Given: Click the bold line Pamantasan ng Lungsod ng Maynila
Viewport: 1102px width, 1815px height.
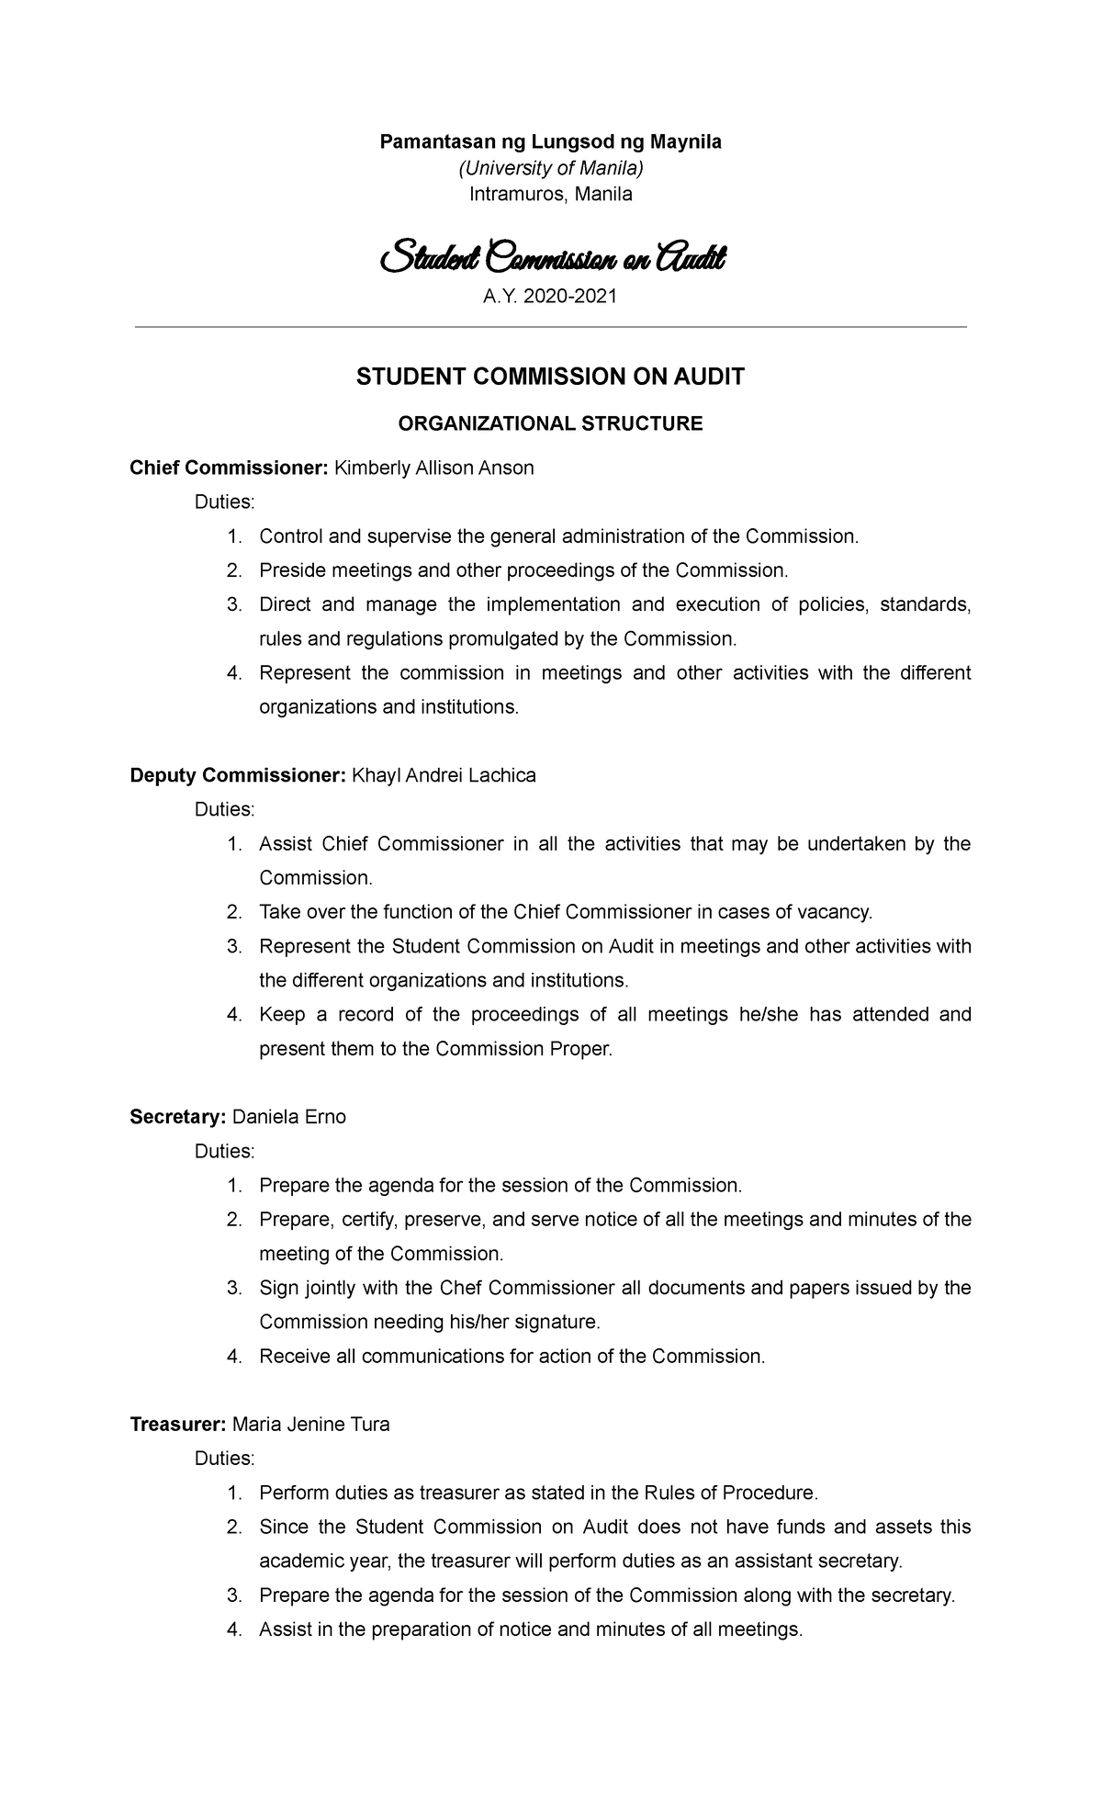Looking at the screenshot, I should [x=551, y=142].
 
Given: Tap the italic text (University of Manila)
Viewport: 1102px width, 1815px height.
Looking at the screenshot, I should [x=551, y=168].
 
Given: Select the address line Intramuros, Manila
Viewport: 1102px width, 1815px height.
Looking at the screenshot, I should [x=551, y=195].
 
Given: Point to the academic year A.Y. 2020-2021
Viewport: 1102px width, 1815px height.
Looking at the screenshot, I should [x=551, y=297].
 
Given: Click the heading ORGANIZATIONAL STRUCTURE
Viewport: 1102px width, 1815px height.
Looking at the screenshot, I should [x=550, y=423].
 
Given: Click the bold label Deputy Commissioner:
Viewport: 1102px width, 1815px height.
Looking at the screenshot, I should [x=237, y=775].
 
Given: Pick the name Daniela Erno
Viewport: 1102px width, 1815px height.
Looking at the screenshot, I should [x=289, y=1118].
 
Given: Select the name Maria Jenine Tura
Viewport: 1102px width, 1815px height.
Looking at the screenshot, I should [x=311, y=1425].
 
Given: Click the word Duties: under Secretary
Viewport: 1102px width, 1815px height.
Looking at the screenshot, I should [x=224, y=1152].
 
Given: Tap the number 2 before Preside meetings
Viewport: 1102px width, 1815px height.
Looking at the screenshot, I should [x=233, y=571].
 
